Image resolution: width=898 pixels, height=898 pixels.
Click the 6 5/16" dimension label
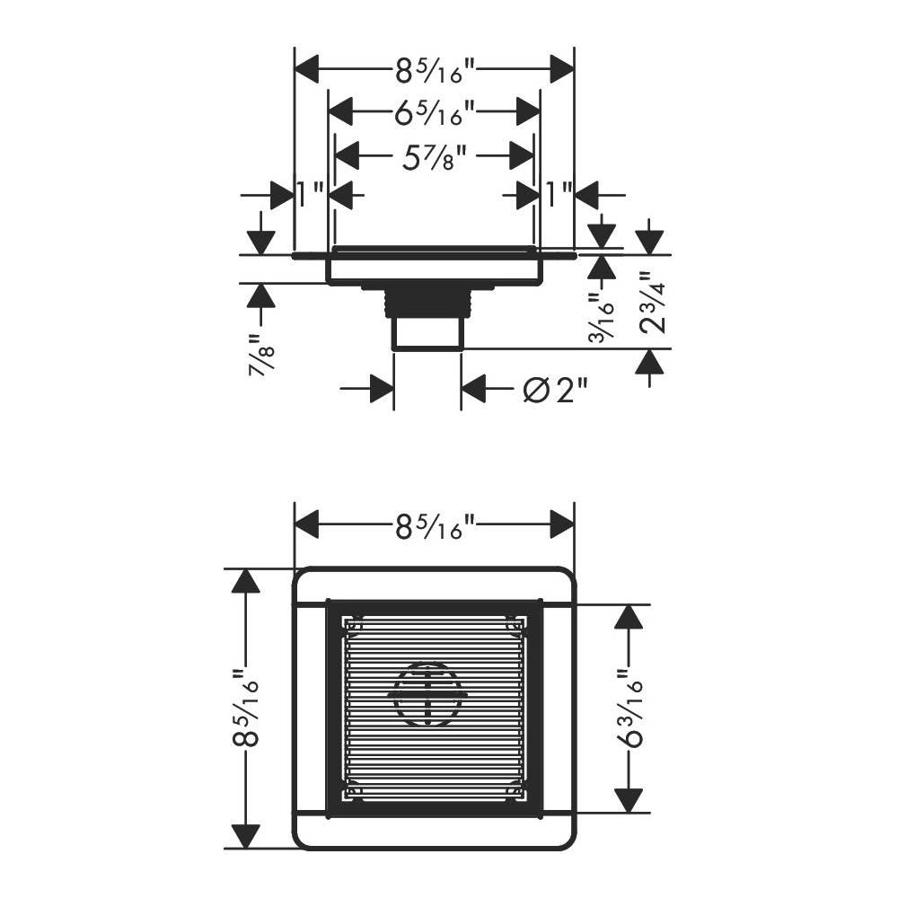pos(435,112)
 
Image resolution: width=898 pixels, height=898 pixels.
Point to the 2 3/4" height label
pos(652,303)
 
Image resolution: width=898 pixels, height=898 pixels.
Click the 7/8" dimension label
pos(263,354)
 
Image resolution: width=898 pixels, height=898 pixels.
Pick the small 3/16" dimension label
pos(602,318)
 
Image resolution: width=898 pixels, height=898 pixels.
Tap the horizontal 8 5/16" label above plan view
pos(435,525)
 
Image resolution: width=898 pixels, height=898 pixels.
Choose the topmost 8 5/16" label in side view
pos(435,70)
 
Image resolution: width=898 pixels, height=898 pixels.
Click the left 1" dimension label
pos(311,195)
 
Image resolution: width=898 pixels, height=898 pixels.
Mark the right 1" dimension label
pos(559,195)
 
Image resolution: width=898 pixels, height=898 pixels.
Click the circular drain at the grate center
pos(427,695)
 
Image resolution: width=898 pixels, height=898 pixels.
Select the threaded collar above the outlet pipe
pos(427,303)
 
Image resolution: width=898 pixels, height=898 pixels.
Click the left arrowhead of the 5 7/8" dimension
pos(347,155)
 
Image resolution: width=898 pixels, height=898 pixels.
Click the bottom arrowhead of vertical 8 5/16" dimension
pos(246,837)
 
